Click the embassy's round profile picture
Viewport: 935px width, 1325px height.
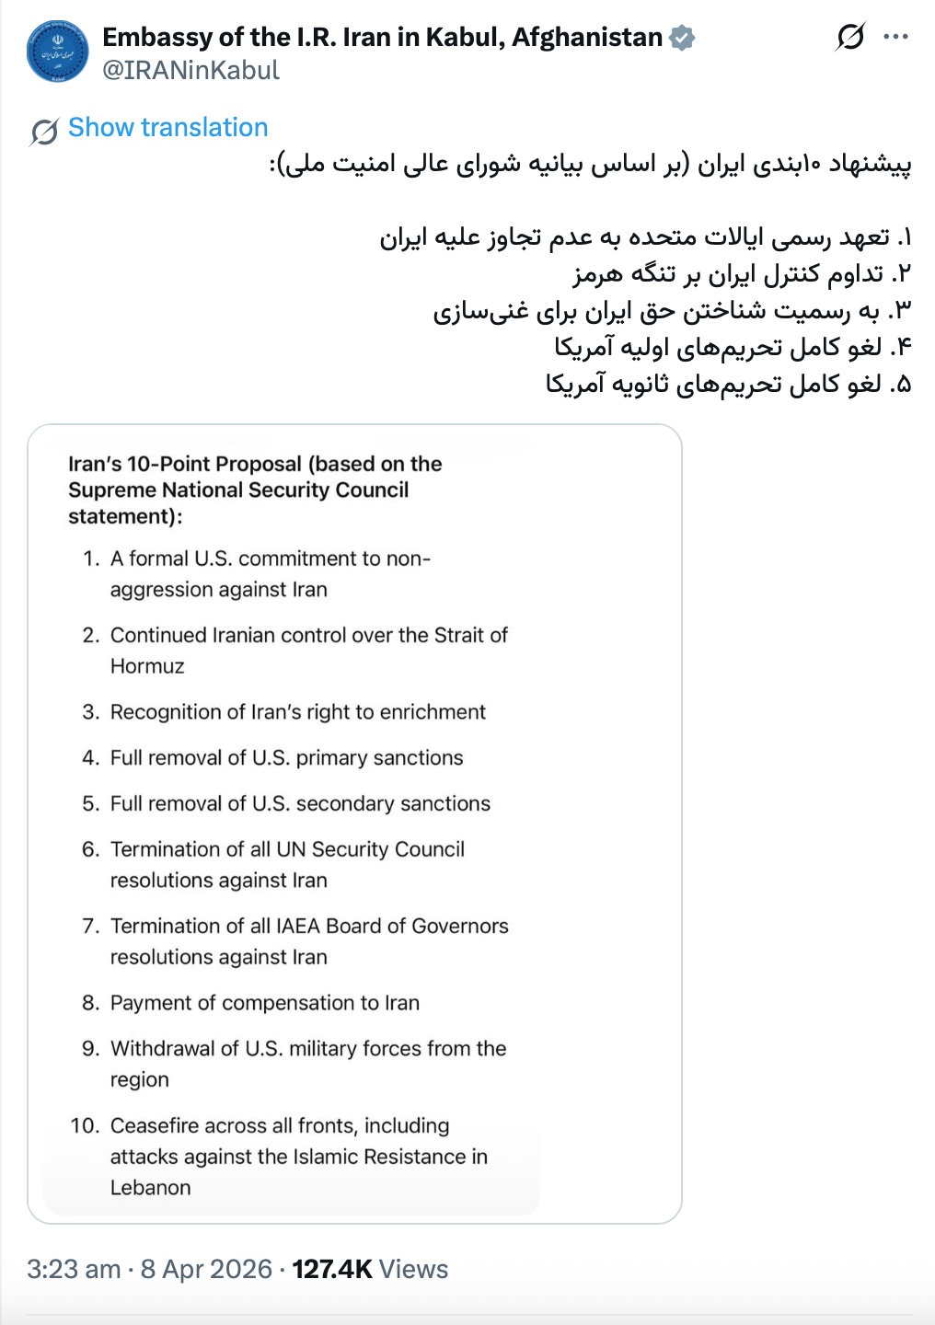[x=58, y=52]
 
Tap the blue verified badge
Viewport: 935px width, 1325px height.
[x=682, y=38]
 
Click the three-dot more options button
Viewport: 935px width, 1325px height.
[x=895, y=38]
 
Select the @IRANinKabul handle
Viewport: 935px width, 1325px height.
[x=190, y=71]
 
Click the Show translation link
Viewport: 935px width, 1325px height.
[x=167, y=128]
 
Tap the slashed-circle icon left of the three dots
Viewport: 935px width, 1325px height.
[x=850, y=38]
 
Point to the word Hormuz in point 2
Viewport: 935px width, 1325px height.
[x=147, y=666]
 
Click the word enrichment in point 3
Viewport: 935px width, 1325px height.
[x=433, y=712]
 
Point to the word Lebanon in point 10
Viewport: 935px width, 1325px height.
[x=150, y=1188]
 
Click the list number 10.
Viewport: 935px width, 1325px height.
[x=84, y=1126]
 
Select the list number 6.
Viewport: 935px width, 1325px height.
[x=89, y=849]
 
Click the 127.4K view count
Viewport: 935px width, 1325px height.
[x=331, y=1270]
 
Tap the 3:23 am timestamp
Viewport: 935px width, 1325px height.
[x=74, y=1270]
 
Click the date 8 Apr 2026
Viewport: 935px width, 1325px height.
[x=206, y=1270]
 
